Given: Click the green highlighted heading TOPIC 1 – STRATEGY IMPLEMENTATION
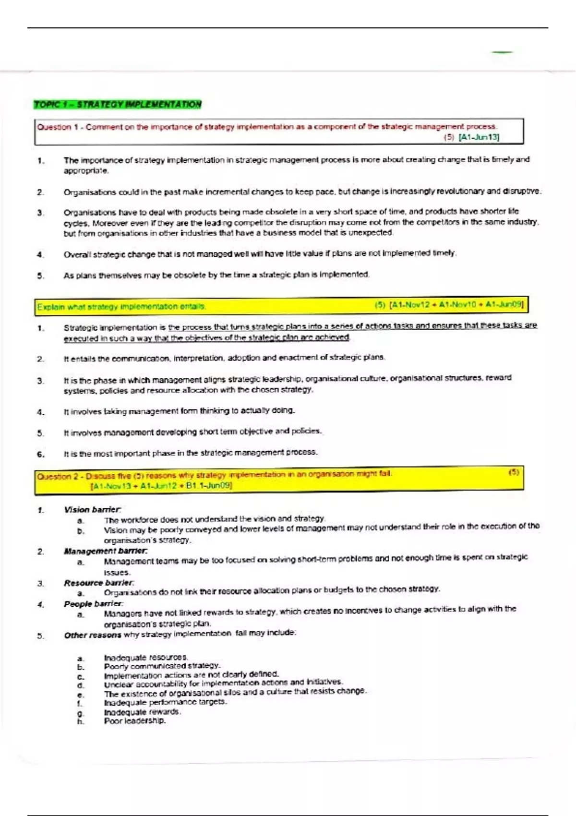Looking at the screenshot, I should point(118,105).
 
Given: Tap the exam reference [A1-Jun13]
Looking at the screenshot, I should point(479,137).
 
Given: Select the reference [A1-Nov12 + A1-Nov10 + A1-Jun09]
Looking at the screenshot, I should point(456,304).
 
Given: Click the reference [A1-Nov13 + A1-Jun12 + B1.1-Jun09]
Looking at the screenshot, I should point(161,486).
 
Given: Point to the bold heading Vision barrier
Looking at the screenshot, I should point(93,509).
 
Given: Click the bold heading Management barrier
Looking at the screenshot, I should point(106,551).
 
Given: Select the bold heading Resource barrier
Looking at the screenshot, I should point(99,583).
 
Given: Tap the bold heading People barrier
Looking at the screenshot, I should point(94,604).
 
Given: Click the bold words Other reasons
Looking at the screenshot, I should point(93,635).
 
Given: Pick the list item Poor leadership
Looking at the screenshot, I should point(135,721).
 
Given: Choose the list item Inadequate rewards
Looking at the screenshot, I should point(142,712).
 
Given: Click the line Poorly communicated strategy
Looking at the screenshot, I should point(162,666).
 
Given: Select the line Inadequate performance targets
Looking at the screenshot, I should point(165,702).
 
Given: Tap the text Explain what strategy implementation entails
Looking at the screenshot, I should point(121,307).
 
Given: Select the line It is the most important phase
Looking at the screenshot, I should point(191,453).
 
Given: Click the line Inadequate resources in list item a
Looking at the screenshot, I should point(145,657).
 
